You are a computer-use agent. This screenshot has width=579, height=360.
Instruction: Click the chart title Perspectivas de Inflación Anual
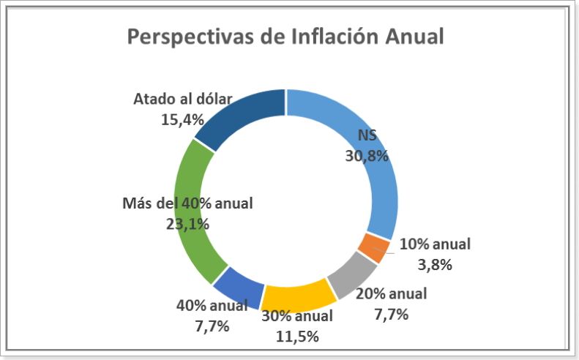(x=285, y=37)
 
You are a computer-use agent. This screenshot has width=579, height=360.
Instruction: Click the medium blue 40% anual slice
(x=239, y=285)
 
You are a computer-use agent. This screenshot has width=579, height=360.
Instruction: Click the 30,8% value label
(x=366, y=155)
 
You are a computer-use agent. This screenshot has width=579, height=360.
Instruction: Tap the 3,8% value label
(x=435, y=264)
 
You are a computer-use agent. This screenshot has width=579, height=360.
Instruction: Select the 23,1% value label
(x=187, y=223)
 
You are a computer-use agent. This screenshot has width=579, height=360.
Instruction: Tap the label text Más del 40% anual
(x=187, y=203)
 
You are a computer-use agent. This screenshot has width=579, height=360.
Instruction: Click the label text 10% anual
(x=435, y=244)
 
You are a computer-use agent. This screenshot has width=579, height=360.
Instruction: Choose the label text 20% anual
(x=391, y=294)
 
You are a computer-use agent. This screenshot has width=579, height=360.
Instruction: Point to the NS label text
(x=367, y=135)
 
